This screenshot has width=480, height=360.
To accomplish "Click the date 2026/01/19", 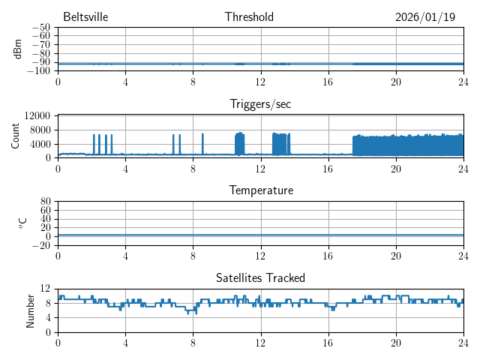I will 425,17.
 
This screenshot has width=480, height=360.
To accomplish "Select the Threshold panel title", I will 249,17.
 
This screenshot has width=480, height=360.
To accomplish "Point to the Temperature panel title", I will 260,191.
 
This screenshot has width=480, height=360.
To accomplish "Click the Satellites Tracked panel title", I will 260,278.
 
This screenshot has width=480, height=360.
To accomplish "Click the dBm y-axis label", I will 18,49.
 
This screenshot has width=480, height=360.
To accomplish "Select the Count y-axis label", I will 16,136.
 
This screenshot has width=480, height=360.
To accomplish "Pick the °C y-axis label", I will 22,223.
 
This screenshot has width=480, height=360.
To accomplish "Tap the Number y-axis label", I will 30,310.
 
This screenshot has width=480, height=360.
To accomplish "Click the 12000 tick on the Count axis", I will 37,116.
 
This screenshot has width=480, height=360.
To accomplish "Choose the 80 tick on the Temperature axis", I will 45,202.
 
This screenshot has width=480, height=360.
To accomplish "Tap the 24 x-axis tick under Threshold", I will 463,82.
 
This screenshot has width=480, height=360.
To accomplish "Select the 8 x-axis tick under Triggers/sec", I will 193,169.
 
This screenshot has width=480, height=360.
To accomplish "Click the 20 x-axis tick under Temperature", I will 396,256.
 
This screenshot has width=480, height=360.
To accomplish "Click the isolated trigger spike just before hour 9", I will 202,143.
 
